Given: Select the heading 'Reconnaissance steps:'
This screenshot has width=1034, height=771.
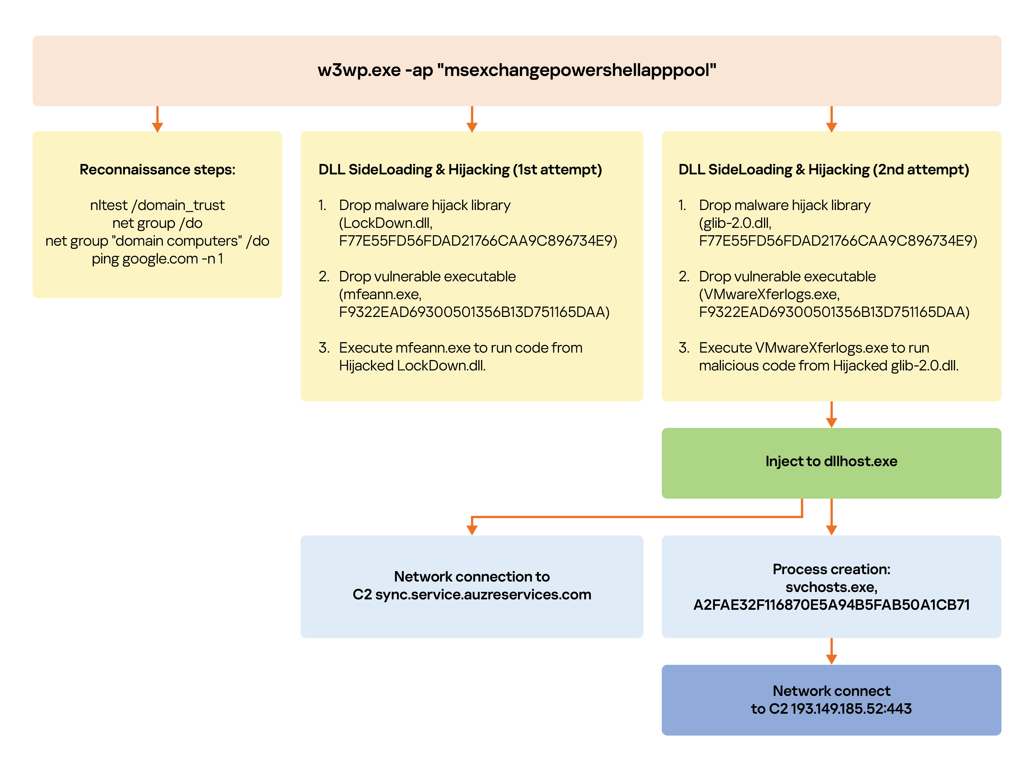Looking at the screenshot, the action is point(158,169).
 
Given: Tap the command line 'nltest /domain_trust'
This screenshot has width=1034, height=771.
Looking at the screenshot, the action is point(158,205).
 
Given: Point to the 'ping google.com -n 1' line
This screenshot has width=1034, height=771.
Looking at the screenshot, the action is point(158,259).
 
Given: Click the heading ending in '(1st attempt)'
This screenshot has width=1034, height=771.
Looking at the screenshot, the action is point(460,169).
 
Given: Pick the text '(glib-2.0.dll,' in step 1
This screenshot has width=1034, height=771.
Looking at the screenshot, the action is point(735,223).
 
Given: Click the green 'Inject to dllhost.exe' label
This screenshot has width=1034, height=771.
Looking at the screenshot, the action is point(831,461).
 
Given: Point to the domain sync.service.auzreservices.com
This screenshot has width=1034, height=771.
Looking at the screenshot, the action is point(483,595).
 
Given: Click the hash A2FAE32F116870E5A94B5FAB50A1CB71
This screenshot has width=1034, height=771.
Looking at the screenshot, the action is point(831,605).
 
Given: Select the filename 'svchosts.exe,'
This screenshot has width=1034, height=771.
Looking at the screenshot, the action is point(831,587).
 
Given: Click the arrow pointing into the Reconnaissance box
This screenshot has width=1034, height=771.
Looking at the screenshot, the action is point(158,119).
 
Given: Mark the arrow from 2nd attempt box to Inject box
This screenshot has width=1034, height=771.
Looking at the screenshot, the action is point(831,415).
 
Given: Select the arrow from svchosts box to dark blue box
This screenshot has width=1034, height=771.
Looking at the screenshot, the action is point(831,651).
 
